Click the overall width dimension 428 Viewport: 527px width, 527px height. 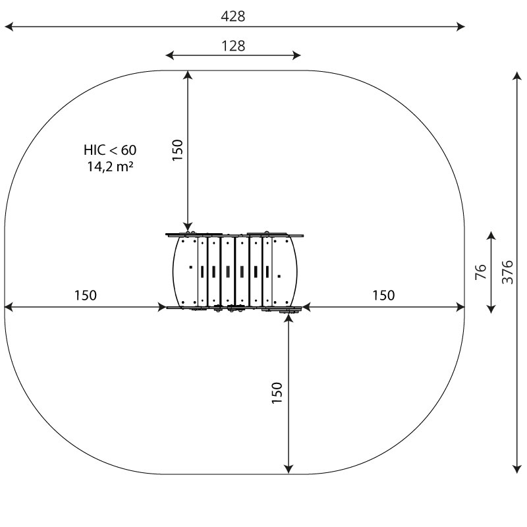click(233, 16)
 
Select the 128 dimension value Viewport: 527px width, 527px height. click(233, 45)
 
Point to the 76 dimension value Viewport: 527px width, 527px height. click(481, 272)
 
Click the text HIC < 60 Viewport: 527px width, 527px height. click(110, 150)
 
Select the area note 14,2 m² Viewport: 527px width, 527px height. click(110, 167)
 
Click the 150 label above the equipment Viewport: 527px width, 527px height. click(177, 150)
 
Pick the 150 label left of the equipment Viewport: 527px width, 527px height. click(86, 295)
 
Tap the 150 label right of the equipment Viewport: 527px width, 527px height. click(383, 295)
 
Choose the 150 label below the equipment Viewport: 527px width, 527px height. click(277, 393)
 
